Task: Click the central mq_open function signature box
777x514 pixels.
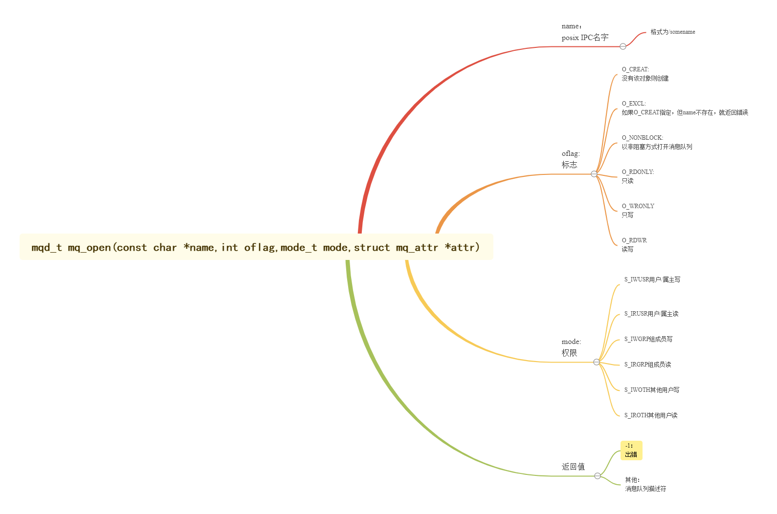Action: (256, 247)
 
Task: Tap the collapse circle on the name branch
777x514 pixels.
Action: (623, 46)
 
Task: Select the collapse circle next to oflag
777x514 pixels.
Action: (594, 174)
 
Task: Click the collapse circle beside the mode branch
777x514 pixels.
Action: (597, 362)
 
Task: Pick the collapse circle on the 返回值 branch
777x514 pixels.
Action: (598, 476)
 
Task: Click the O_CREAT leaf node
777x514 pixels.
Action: (644, 74)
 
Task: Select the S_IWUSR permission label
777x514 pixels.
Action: (652, 279)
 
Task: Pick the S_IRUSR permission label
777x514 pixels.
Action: (651, 314)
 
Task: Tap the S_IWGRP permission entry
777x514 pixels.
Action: (648, 339)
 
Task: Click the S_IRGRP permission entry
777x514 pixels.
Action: (647, 364)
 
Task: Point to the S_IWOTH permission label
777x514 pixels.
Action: (651, 390)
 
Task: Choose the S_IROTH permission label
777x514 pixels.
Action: (650, 415)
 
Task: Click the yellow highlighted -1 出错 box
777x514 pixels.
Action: (631, 450)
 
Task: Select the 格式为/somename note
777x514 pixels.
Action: (672, 32)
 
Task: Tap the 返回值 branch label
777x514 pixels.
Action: (573, 467)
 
